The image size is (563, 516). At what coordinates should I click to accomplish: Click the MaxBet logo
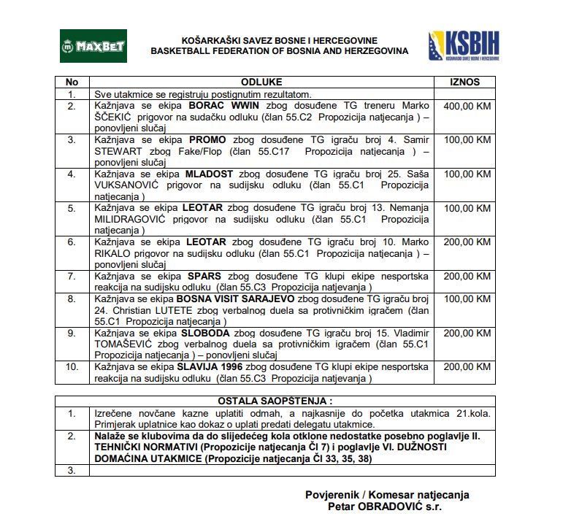point(93,46)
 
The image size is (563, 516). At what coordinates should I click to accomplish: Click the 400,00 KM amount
point(467,106)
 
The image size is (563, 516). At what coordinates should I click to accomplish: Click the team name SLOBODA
point(203,333)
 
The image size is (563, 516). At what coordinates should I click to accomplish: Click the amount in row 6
point(467,242)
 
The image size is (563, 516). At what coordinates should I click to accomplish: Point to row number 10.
point(72,366)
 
